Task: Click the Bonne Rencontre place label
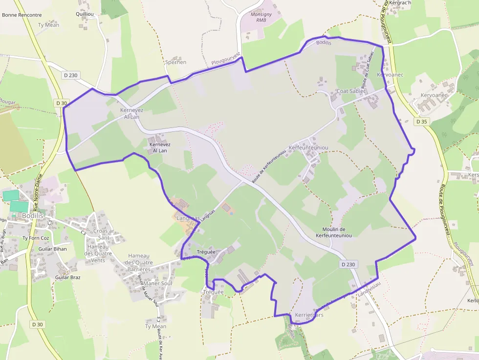[x=22, y=15]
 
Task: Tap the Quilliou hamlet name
[x=85, y=15]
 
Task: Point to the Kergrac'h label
[x=400, y=3]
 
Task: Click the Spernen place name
[x=175, y=63]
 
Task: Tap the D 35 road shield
[x=421, y=121]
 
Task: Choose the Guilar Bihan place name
[x=52, y=249]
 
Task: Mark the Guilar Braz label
[x=68, y=277]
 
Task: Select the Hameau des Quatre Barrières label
[x=139, y=263]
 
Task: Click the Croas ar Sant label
[x=104, y=234]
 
